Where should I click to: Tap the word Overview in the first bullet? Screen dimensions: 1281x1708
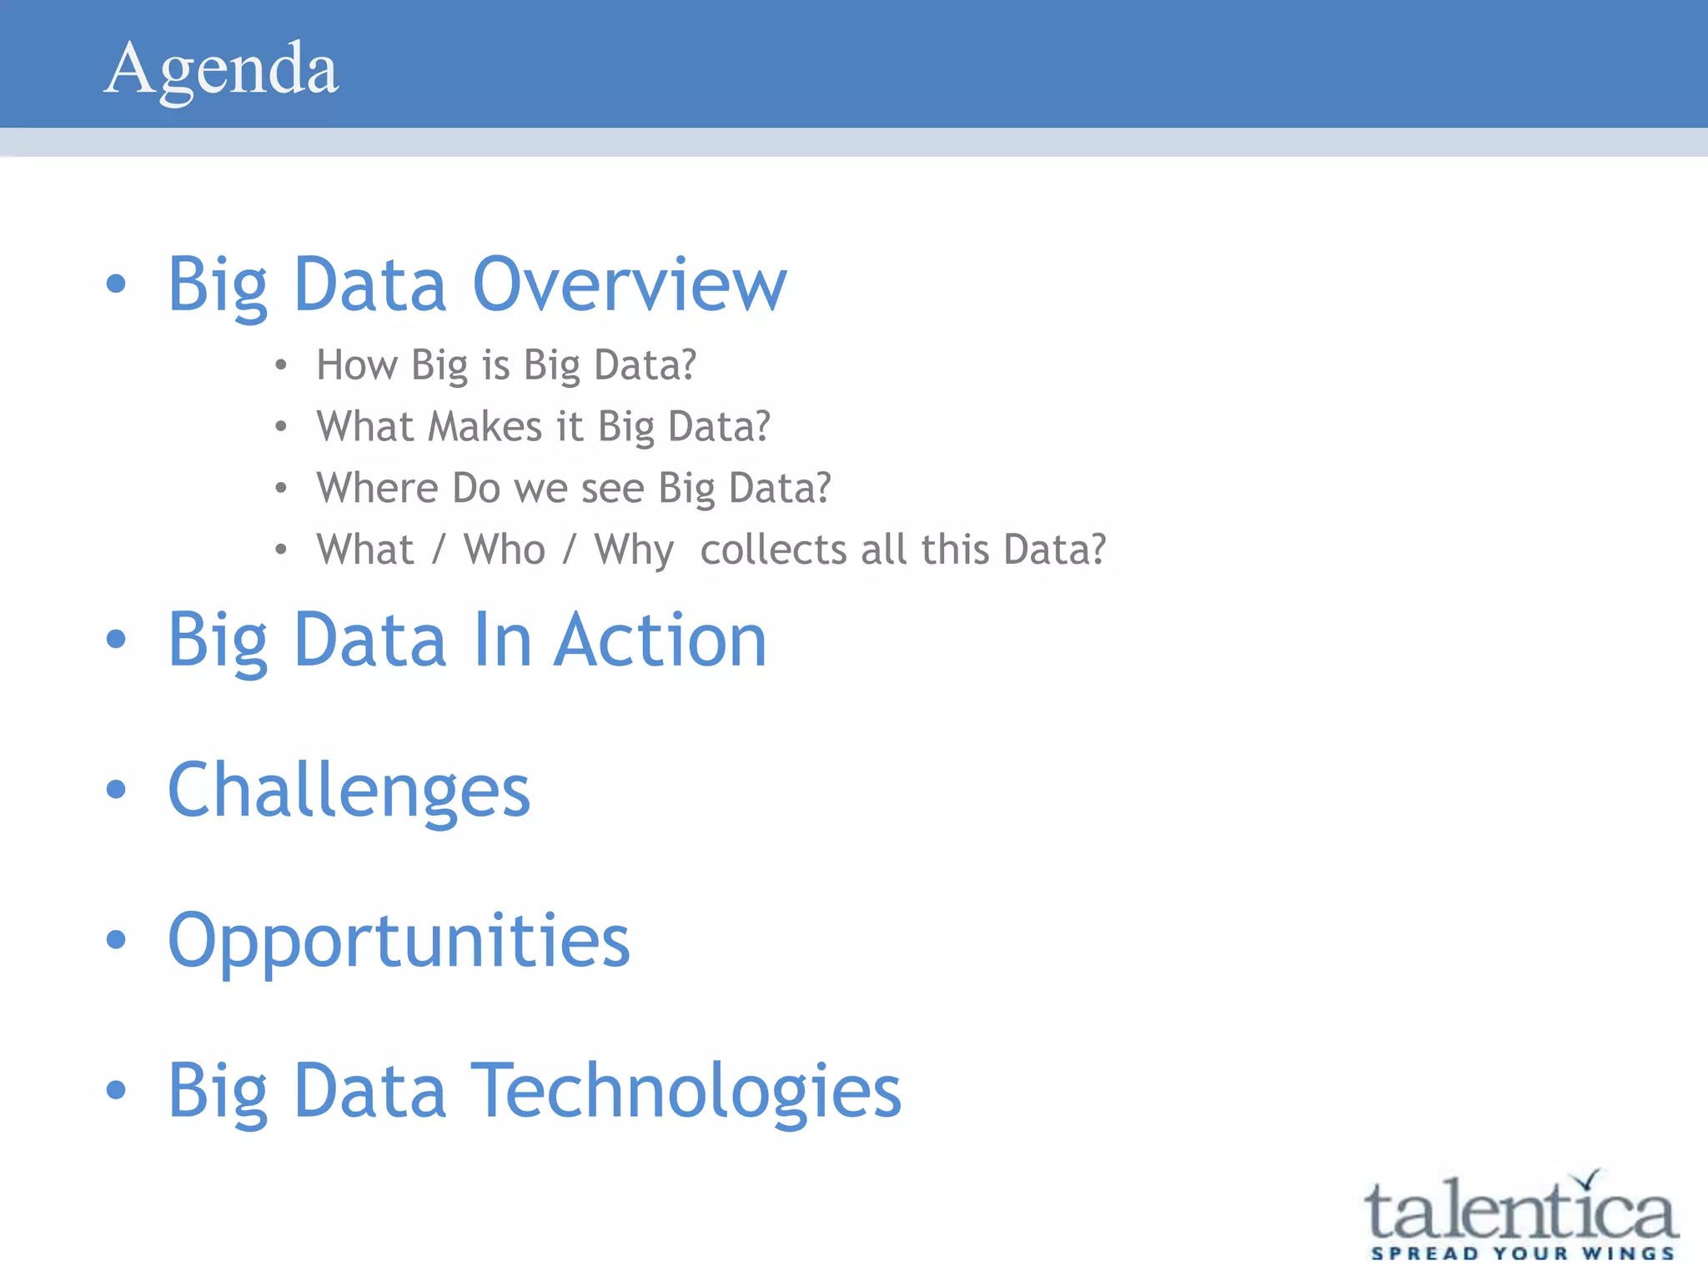coord(630,285)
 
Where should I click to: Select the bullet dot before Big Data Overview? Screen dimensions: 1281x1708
coord(116,284)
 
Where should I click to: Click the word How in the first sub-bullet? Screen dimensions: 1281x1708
coord(356,365)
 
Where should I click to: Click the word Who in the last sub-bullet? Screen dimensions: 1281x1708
coord(505,550)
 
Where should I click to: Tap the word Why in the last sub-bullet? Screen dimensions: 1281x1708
coord(634,551)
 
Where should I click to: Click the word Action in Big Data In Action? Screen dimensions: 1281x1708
coord(661,640)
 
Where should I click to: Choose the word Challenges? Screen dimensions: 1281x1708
coord(349,791)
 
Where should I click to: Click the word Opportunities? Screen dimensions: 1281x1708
coord(399,942)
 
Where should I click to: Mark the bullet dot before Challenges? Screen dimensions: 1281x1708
coord(116,789)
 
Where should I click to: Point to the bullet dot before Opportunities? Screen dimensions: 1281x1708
coord(116,940)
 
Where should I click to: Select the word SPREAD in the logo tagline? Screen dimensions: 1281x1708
coord(1424,1253)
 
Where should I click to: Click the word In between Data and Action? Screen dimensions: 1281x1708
coord(502,640)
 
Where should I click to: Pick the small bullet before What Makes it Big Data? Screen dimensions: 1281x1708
coord(281,427)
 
